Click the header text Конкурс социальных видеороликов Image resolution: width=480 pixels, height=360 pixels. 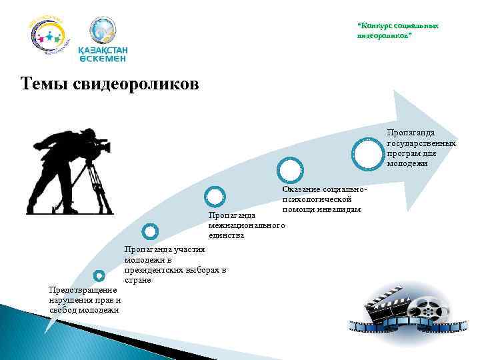(x=398, y=29)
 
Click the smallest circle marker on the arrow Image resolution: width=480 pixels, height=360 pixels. (x=99, y=275)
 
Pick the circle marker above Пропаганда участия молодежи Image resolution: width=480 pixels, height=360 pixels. (x=150, y=232)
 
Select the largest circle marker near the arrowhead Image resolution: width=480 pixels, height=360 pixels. (x=369, y=152)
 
